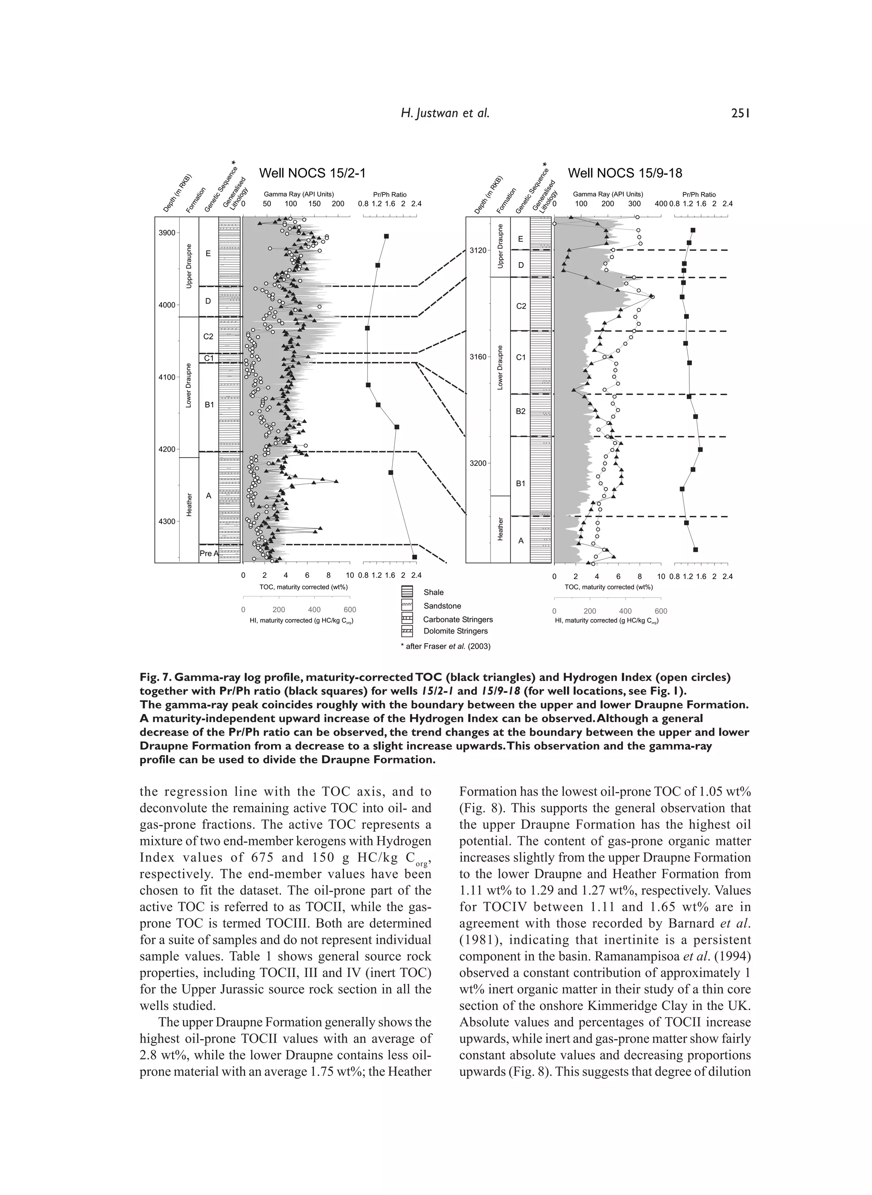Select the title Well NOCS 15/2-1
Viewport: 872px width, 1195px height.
coord(312,173)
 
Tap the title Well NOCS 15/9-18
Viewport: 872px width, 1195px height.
coord(625,173)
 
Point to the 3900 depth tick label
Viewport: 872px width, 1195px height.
coord(167,232)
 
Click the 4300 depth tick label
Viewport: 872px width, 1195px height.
coord(167,522)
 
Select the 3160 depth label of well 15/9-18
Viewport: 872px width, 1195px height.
coord(478,357)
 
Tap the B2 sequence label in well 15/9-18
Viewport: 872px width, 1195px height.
coord(520,411)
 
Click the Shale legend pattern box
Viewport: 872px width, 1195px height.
coord(407,592)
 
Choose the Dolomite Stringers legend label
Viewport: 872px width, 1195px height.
coord(455,631)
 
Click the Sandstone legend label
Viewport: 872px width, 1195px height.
coord(442,606)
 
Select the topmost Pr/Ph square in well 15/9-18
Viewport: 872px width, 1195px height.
coord(693,230)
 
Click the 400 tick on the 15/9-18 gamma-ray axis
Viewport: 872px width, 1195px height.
coord(661,204)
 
